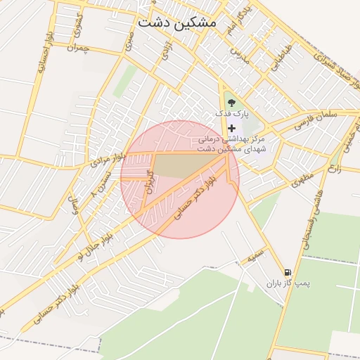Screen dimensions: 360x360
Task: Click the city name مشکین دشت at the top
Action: [x=177, y=22]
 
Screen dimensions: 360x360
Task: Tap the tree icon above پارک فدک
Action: [x=233, y=106]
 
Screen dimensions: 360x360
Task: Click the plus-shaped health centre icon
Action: [x=232, y=128]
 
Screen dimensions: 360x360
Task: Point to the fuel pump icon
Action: [x=288, y=272]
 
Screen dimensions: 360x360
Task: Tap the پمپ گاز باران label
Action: [x=288, y=283]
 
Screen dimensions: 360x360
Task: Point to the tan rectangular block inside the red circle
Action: [x=187, y=166]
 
